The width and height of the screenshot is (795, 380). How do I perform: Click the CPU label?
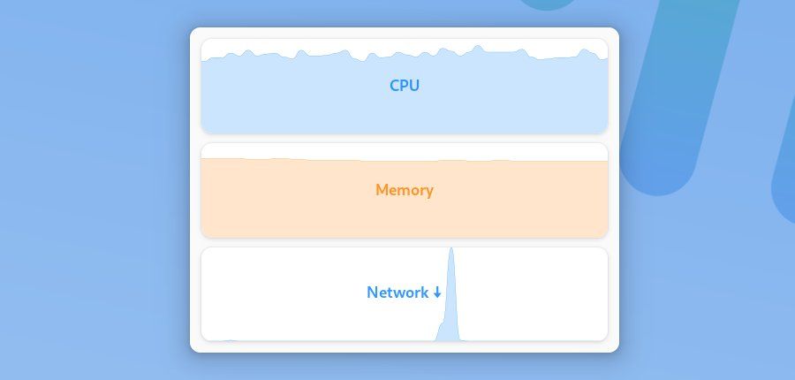(405, 86)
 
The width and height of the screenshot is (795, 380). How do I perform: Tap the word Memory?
(405, 190)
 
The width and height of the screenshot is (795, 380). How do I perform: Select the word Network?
(397, 293)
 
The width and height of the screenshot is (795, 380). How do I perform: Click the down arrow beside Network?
(437, 293)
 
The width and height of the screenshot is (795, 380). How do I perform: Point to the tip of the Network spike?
(451, 249)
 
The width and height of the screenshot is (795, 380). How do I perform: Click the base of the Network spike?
(450, 338)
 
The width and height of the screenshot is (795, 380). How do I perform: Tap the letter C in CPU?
(395, 86)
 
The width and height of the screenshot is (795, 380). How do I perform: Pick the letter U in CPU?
(414, 86)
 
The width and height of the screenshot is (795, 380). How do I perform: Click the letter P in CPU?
(405, 86)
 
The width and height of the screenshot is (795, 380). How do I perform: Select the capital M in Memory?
(382, 190)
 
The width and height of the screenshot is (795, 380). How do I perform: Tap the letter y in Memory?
(428, 192)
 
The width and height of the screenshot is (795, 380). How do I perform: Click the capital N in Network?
(372, 293)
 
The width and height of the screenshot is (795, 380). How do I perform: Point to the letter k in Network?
(425, 293)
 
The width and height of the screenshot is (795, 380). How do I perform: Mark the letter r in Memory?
(421, 191)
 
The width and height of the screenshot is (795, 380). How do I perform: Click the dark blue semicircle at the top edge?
(549, 4)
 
